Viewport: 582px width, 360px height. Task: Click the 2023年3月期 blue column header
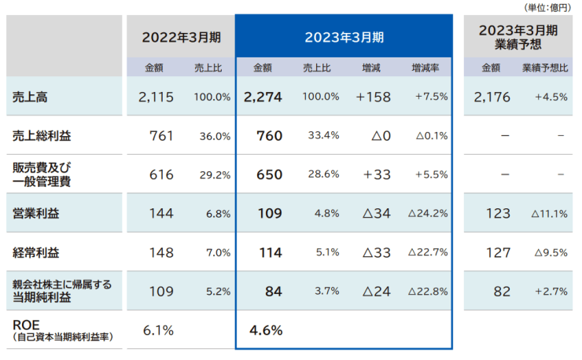(344, 37)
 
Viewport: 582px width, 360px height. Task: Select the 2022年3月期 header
(181, 37)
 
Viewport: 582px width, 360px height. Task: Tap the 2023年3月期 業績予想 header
(518, 37)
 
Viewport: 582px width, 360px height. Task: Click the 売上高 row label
(31, 97)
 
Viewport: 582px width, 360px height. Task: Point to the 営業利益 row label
(36, 213)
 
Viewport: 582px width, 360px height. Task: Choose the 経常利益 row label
(36, 252)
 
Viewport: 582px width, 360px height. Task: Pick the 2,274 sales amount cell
(263, 97)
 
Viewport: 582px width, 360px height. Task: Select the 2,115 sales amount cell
(155, 97)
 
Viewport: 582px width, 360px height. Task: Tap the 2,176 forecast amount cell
(492, 97)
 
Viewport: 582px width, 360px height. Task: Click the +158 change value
(373, 97)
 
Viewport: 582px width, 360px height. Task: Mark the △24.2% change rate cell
(428, 213)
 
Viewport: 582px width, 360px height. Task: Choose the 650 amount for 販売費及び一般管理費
(269, 174)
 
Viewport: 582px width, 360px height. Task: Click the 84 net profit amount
(273, 291)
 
